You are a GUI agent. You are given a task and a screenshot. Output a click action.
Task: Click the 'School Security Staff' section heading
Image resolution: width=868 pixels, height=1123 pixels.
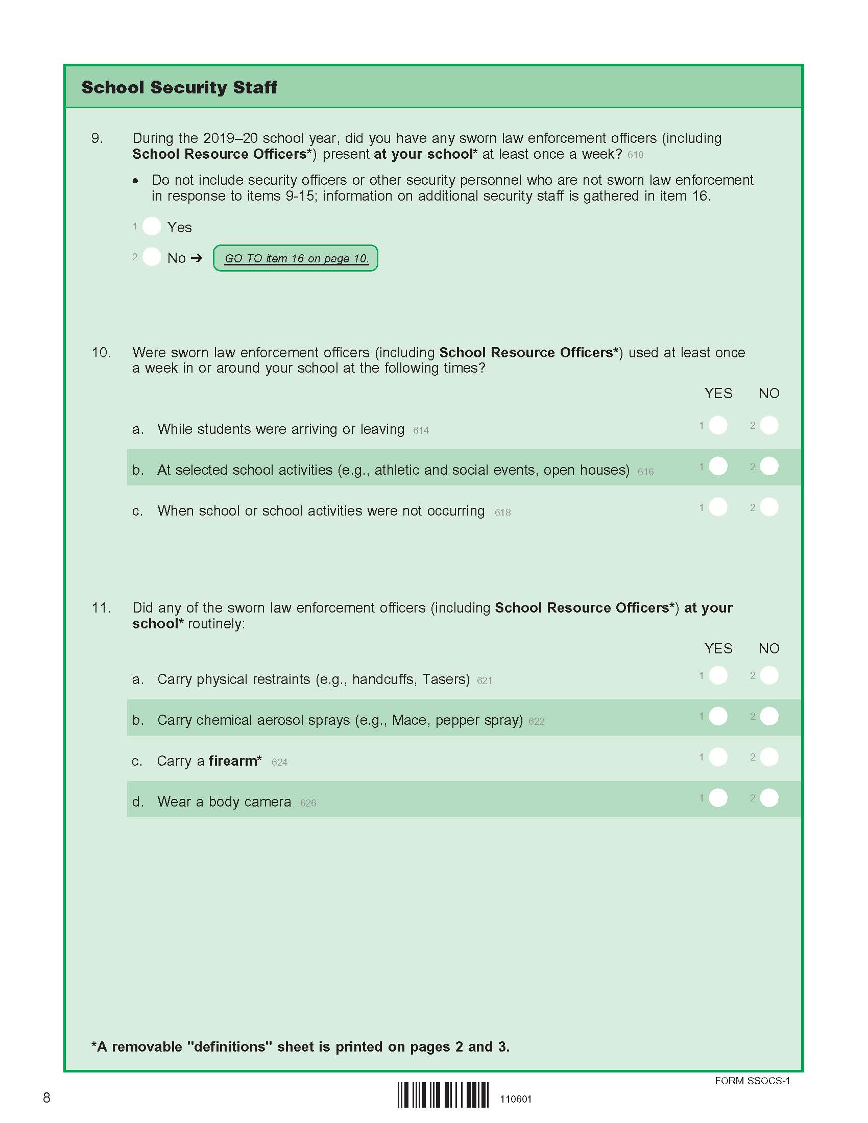179,87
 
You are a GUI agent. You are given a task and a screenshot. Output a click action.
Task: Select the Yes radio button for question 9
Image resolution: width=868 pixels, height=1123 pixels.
152,226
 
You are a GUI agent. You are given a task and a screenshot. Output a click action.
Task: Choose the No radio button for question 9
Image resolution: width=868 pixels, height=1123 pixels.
152,257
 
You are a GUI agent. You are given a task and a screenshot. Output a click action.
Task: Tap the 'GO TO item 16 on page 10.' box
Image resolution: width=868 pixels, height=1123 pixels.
296,258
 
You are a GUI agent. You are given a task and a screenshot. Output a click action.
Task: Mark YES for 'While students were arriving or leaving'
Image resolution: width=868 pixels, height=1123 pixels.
718,425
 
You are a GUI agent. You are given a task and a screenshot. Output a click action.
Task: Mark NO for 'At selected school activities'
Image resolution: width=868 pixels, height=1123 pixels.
769,467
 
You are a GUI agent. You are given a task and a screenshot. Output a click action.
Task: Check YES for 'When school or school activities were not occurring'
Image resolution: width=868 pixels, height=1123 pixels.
718,507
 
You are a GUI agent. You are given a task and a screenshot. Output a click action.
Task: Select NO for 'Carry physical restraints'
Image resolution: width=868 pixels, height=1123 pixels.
769,675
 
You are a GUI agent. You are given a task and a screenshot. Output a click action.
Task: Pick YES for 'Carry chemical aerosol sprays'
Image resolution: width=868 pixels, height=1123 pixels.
718,716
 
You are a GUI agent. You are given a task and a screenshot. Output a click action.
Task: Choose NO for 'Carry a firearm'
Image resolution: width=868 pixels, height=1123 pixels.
769,757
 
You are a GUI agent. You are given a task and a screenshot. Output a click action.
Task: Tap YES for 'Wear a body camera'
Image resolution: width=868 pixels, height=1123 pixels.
718,798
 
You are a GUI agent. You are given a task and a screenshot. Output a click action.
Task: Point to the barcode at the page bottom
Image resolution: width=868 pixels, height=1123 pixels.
443,1095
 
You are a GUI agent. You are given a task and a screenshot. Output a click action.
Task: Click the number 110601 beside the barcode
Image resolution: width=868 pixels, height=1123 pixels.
516,1100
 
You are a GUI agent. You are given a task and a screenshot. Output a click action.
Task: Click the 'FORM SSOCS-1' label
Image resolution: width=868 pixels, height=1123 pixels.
752,1081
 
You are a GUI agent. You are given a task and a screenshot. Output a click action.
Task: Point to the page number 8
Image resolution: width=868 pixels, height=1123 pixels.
47,1098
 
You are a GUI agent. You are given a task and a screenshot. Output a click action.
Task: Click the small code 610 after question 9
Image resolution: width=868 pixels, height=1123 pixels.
635,155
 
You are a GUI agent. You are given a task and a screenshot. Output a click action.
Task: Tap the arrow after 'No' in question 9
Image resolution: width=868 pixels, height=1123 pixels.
197,258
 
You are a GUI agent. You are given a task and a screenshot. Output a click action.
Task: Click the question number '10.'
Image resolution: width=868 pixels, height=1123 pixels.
101,353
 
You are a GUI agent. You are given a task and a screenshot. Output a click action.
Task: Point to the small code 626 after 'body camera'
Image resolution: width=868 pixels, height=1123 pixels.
308,803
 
